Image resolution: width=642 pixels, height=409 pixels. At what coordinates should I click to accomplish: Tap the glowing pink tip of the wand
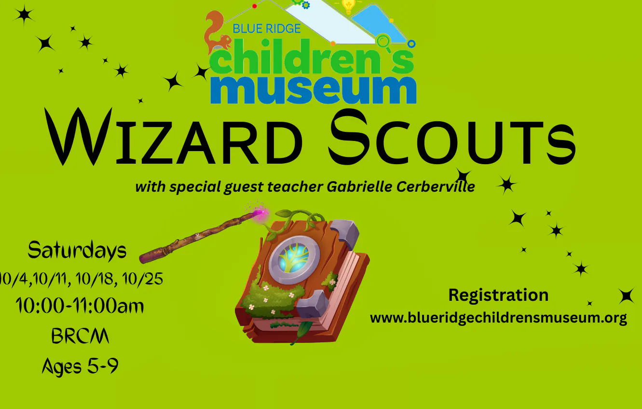pos(261,213)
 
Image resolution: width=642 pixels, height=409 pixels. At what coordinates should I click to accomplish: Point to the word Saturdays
pos(77,250)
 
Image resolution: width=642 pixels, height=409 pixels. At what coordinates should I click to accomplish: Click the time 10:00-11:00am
pos(80,306)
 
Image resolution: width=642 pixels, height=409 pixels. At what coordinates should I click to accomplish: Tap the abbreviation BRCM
pos(80,336)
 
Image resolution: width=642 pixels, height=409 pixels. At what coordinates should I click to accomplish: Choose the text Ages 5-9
pos(80,367)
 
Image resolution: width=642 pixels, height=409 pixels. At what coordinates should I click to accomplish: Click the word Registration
pos(498,295)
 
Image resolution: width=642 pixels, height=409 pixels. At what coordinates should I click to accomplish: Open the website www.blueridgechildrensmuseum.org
pos(498,318)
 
